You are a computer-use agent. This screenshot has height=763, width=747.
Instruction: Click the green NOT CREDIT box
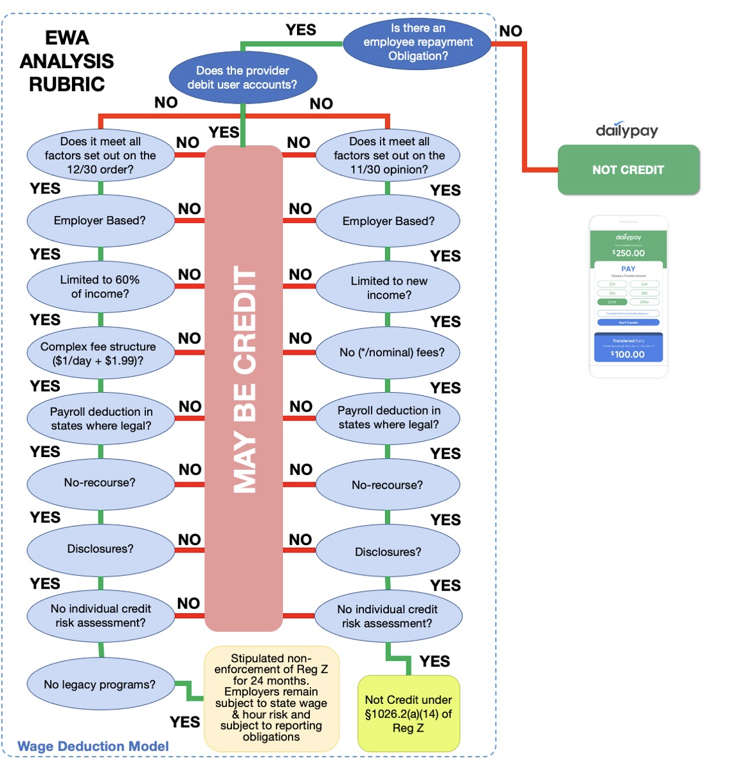[628, 170]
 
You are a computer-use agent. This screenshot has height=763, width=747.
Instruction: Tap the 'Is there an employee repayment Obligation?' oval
[417, 42]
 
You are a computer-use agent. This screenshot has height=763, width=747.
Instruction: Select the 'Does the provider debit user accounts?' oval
[242, 78]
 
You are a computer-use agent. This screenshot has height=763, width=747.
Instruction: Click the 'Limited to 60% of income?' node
[100, 287]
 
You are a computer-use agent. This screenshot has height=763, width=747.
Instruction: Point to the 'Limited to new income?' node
[388, 288]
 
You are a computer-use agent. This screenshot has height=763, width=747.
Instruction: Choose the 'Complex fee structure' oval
[100, 354]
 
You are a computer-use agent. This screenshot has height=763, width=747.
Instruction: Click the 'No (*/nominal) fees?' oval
[388, 352]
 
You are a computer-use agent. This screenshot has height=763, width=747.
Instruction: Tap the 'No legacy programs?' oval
[100, 685]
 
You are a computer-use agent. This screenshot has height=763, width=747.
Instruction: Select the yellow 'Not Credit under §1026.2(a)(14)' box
[408, 714]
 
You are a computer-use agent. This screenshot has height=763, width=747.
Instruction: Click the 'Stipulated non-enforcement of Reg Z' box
[271, 698]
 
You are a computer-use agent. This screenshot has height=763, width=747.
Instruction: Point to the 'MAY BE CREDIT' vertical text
[244, 379]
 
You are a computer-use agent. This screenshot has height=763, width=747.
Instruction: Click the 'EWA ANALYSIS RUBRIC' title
[67, 61]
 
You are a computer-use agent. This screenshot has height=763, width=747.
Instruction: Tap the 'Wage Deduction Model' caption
[93, 746]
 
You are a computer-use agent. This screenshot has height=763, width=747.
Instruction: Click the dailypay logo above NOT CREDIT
[627, 130]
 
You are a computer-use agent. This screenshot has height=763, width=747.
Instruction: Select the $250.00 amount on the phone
[629, 253]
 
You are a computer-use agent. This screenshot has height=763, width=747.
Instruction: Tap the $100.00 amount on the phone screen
[628, 354]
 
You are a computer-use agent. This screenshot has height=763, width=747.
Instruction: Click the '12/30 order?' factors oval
[100, 156]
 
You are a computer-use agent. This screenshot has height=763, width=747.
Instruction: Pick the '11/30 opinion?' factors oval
[388, 156]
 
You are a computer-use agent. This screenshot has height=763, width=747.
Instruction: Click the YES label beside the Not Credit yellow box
[435, 661]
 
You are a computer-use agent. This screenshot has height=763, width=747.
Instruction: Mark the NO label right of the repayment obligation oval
[510, 31]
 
